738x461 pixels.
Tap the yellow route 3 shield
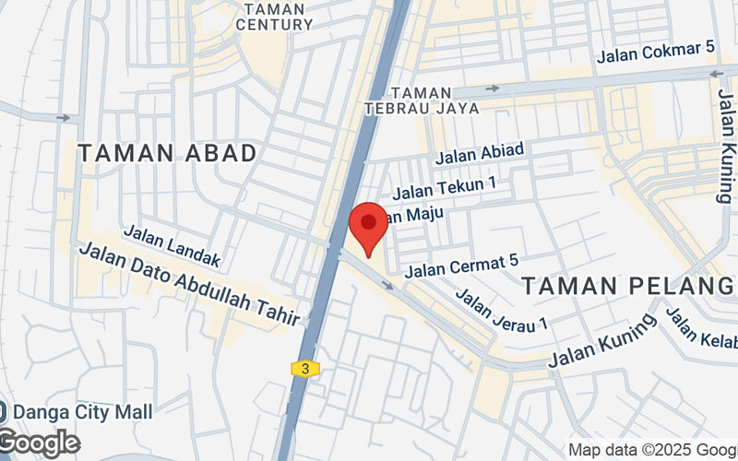tap(305, 369)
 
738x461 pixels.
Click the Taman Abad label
tap(167, 154)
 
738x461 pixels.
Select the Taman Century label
tap(274, 17)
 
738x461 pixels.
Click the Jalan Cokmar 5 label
tap(656, 53)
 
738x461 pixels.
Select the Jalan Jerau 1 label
tap(503, 310)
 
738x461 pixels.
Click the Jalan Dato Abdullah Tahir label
tap(190, 284)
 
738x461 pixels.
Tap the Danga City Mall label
tap(77, 411)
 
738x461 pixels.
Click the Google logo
tap(39, 443)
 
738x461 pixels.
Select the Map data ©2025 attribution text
tap(651, 450)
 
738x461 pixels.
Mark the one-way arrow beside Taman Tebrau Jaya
tap(493, 89)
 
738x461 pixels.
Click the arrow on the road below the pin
tap(388, 284)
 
